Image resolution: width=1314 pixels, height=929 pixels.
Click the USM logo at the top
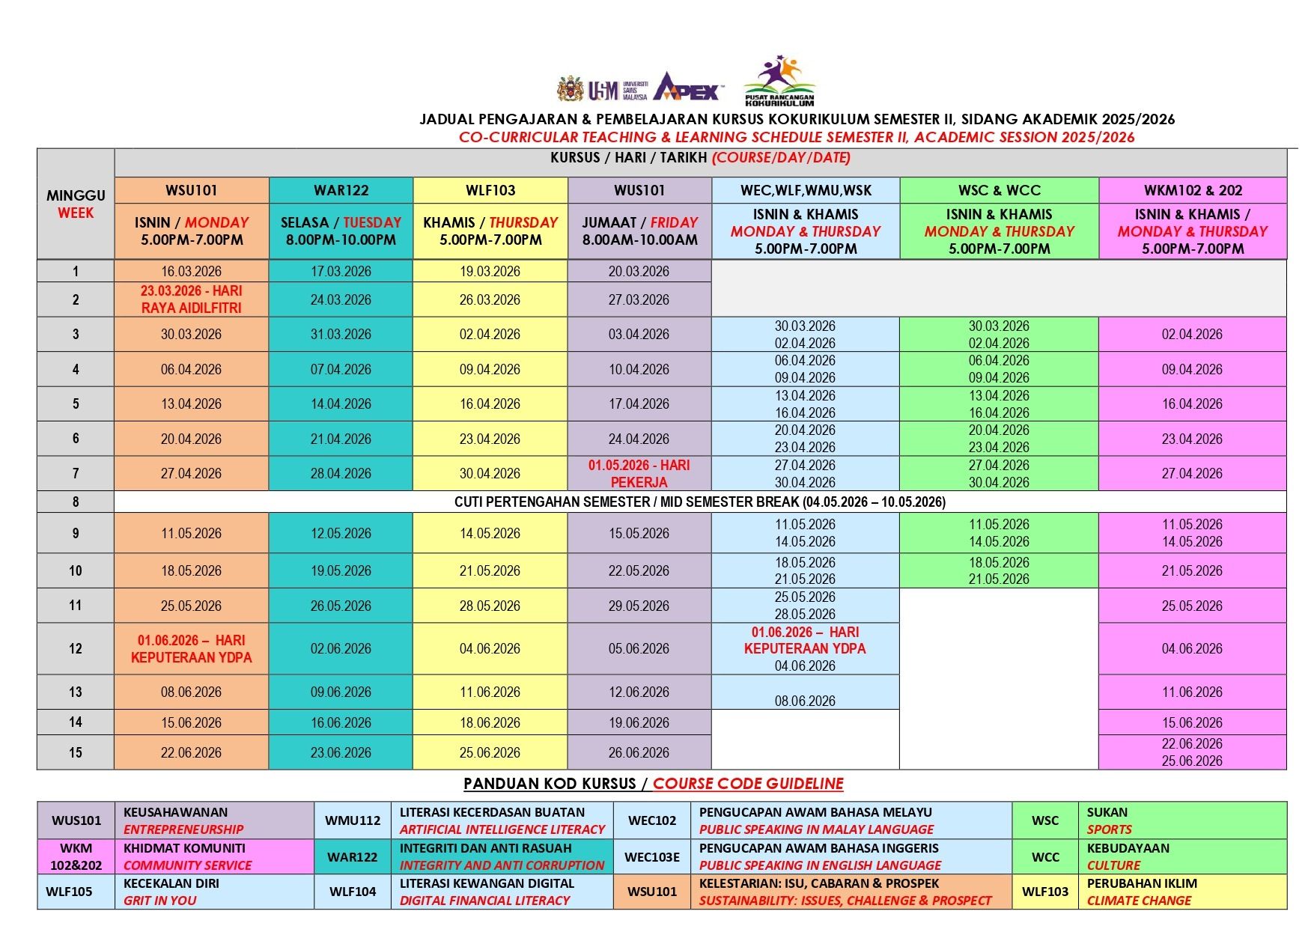pos(602,89)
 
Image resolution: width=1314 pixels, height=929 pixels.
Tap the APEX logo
pos(687,87)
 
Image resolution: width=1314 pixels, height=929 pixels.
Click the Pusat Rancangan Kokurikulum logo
pos(779,81)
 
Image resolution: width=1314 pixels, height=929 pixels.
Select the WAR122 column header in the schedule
pos(341,190)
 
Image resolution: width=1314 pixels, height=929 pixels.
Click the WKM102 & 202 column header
pos(1192,190)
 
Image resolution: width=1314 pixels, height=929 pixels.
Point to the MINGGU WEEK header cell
pos(76,204)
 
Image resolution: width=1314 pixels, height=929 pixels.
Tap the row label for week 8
pos(76,502)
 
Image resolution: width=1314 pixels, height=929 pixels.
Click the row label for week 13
pos(76,692)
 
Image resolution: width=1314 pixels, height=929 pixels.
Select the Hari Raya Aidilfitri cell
pos(191,299)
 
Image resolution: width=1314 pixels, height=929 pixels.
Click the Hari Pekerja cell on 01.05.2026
pos(639,473)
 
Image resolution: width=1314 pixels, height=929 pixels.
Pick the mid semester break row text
pos(699,502)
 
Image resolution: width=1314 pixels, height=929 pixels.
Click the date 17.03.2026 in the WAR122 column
pos(341,271)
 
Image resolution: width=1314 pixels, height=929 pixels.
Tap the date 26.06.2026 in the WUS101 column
pos(639,752)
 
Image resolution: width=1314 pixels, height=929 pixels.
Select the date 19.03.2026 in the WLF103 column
pos(490,271)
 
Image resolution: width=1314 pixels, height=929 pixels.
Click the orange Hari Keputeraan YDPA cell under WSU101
pos(191,648)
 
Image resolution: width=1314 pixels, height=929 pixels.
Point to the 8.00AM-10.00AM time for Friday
pos(639,240)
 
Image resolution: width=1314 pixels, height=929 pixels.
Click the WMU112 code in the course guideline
pos(353,820)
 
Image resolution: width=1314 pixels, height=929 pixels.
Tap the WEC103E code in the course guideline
pos(652,856)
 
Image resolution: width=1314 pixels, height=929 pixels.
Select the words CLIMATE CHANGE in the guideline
pos(1138,901)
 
